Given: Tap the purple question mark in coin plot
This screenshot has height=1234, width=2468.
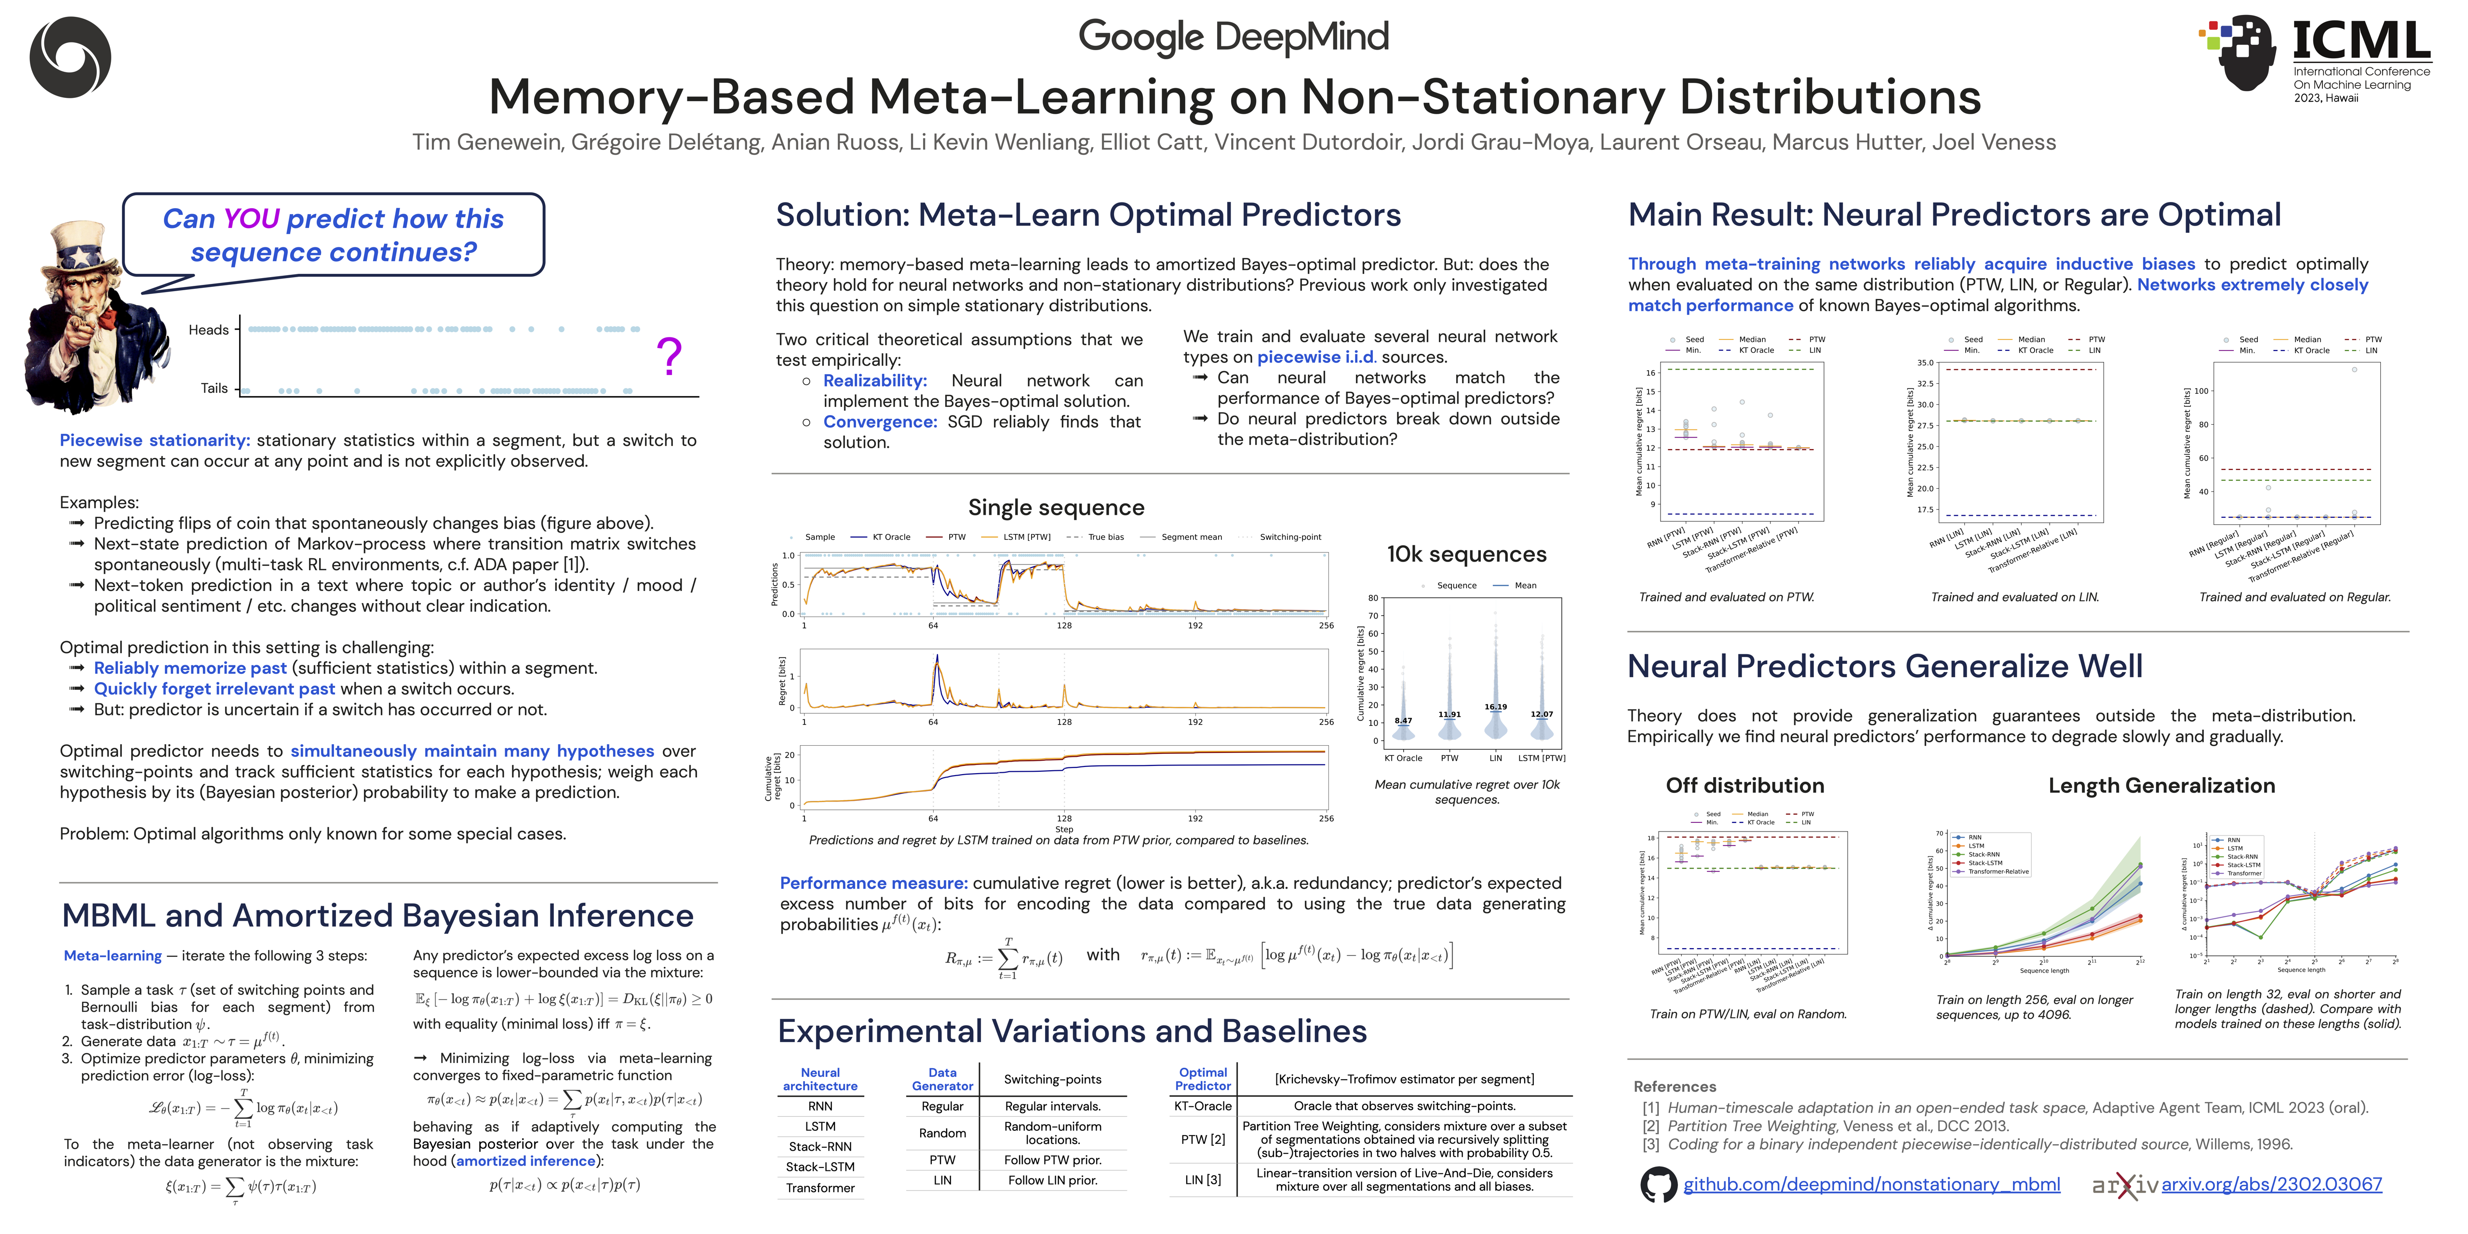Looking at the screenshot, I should [669, 356].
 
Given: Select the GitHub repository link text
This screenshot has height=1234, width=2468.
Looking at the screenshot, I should [1871, 1184].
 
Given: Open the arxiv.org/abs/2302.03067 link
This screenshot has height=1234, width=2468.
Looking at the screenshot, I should [2271, 1184].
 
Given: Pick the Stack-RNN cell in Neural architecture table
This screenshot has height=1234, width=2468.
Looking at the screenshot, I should [820, 1147].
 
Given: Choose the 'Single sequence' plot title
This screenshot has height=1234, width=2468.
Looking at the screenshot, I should [1056, 508].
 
